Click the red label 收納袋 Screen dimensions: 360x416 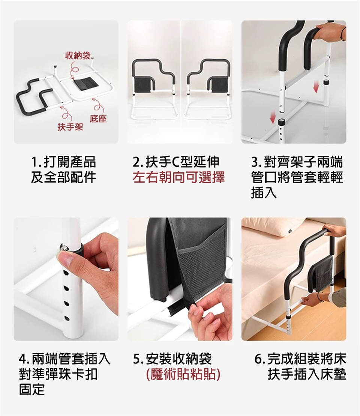pyautogui.click(x=78, y=56)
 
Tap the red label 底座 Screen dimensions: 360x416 pyautogui.click(x=98, y=119)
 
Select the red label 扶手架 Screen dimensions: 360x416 pyautogui.click(x=70, y=127)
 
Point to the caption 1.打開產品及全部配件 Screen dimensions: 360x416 pyautogui.click(x=63, y=170)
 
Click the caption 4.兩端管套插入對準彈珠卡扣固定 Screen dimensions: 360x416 pyautogui.click(x=64, y=374)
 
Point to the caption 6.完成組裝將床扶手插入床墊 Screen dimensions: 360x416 pyautogui.click(x=300, y=367)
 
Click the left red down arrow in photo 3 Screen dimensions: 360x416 pyautogui.click(x=273, y=117)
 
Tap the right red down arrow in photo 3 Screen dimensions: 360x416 pyautogui.click(x=315, y=87)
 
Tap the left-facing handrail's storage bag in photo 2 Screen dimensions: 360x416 pyautogui.click(x=143, y=85)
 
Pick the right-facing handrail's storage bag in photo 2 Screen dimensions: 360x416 pyautogui.click(x=217, y=85)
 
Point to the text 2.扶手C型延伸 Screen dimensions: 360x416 pyautogui.click(x=176, y=162)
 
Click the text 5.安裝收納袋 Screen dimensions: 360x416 pyautogui.click(x=172, y=359)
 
